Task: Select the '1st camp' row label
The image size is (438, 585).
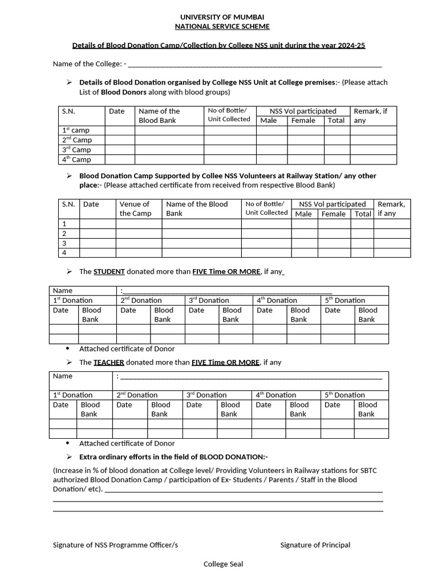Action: pos(76,130)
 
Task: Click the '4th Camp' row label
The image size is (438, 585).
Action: pos(76,159)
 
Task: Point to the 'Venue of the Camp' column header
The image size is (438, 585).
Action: pos(135,209)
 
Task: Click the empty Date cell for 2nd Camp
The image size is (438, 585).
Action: pos(120,140)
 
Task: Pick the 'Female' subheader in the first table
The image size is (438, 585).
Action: pos(303,121)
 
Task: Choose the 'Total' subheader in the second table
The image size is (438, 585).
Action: pos(363,214)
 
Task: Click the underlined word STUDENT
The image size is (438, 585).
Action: pos(109,271)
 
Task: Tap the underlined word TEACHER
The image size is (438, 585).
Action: pos(108,362)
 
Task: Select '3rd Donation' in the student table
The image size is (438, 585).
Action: pos(209,300)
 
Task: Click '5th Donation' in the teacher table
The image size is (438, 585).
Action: pos(344,395)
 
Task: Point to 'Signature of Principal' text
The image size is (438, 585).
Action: pos(315,545)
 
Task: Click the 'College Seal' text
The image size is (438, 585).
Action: pos(224,564)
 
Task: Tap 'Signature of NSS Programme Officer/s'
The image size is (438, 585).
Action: pos(115,545)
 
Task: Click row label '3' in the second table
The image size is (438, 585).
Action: pos(64,243)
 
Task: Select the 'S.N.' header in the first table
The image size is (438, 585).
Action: pos(68,111)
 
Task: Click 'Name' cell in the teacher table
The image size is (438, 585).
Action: pos(63,376)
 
